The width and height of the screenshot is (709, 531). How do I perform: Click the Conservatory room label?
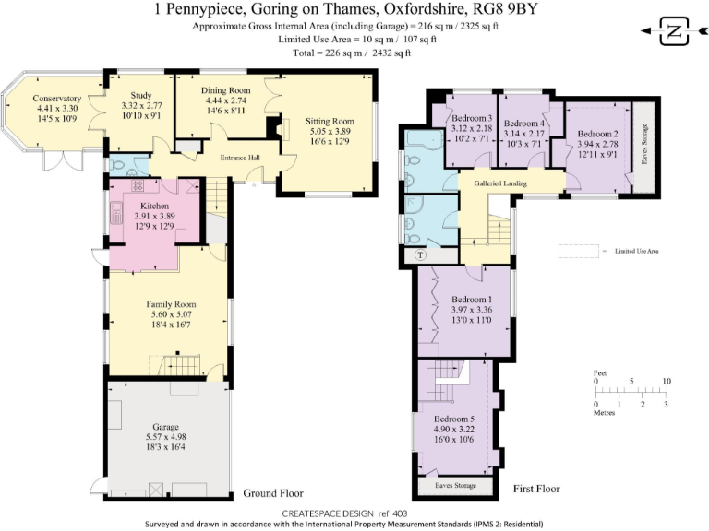point(57,99)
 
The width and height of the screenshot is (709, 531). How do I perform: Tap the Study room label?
point(141,95)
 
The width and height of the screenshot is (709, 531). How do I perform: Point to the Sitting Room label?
point(330,121)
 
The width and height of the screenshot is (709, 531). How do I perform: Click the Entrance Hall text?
point(240,158)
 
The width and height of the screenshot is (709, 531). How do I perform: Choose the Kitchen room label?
point(154,206)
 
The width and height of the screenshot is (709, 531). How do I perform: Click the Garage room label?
point(165,427)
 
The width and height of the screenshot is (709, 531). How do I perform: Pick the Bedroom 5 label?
point(452,418)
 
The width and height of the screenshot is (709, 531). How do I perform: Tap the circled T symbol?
point(421,254)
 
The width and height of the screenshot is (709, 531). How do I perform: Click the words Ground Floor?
point(273,493)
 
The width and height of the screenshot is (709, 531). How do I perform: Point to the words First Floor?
point(535,489)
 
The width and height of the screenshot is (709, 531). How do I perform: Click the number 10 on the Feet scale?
point(667,381)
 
